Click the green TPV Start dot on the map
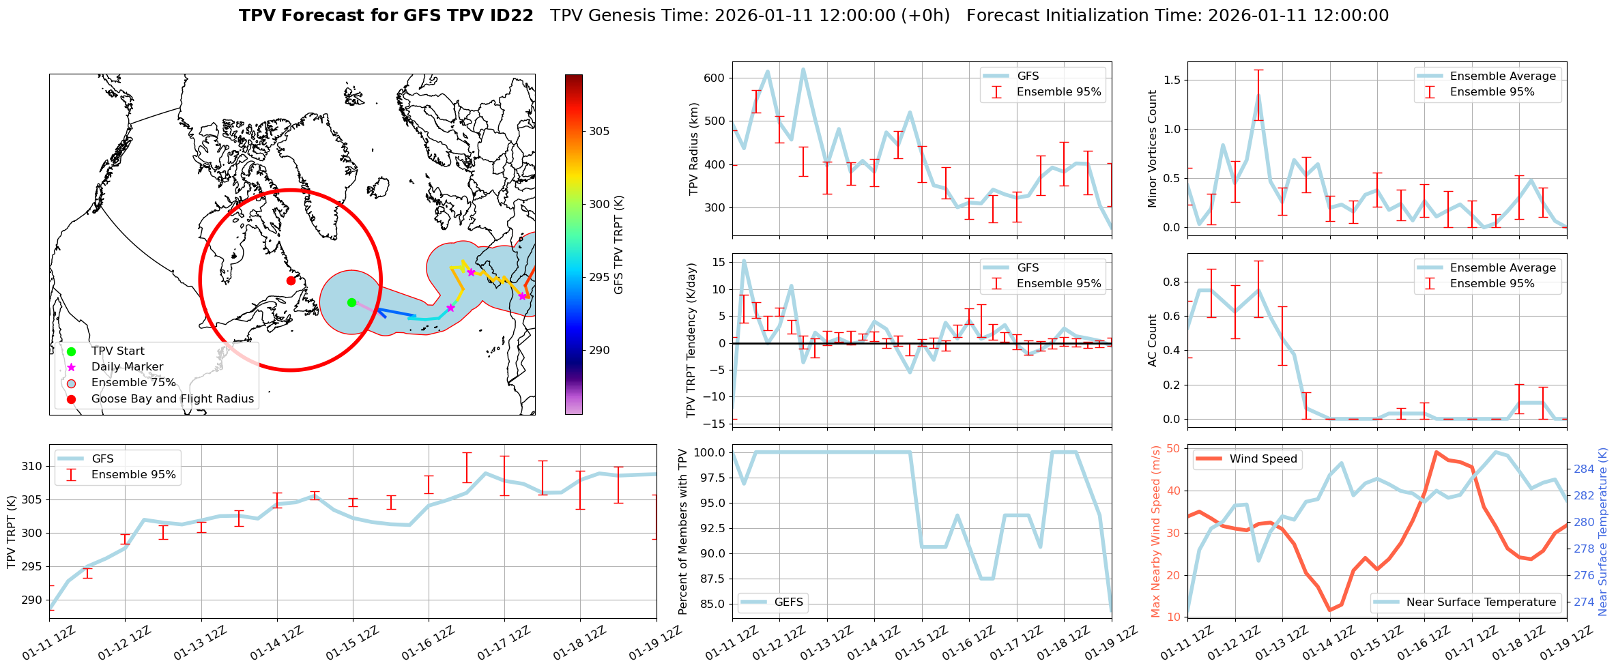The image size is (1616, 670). pyautogui.click(x=351, y=302)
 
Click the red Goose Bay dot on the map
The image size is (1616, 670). pyautogui.click(x=291, y=280)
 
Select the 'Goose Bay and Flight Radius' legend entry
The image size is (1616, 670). pyautogui.click(x=172, y=399)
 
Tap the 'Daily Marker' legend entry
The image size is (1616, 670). pyautogui.click(x=127, y=367)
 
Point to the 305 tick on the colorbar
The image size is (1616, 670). pyautogui.click(x=599, y=131)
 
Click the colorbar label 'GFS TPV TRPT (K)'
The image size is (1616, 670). pyautogui.click(x=619, y=244)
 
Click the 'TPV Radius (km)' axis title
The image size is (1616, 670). pyautogui.click(x=694, y=149)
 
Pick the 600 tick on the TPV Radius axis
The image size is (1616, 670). pyautogui.click(x=714, y=78)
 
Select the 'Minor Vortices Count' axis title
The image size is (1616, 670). pyautogui.click(x=1153, y=149)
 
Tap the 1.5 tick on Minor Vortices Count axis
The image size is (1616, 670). pyautogui.click(x=1172, y=80)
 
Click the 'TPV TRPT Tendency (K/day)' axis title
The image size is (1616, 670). pyautogui.click(x=692, y=340)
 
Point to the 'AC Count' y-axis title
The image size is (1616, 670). pyautogui.click(x=1153, y=340)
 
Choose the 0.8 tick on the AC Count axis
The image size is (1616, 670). pyautogui.click(x=1172, y=282)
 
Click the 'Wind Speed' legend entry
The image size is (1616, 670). pyautogui.click(x=1262, y=459)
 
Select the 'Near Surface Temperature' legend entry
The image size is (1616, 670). pyautogui.click(x=1481, y=602)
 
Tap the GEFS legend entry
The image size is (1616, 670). pyautogui.click(x=789, y=602)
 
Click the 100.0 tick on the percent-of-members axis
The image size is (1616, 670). pyautogui.click(x=710, y=452)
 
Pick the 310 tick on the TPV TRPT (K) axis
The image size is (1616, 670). pyautogui.click(x=31, y=467)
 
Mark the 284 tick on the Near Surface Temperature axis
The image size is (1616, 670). pyautogui.click(x=1584, y=469)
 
